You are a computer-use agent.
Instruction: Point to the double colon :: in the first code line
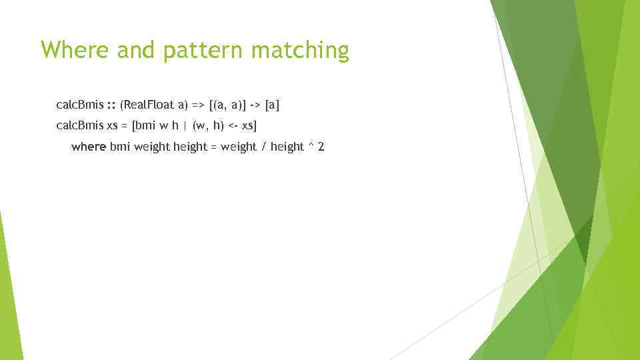[x=111, y=105]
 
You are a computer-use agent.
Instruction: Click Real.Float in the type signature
[x=147, y=105]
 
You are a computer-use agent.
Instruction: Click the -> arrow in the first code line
[x=255, y=105]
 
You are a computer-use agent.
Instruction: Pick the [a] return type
[x=272, y=105]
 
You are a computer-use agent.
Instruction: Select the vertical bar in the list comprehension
[x=185, y=125]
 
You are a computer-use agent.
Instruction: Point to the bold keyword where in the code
[x=88, y=146]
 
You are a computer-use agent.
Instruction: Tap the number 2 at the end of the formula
[x=321, y=146]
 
